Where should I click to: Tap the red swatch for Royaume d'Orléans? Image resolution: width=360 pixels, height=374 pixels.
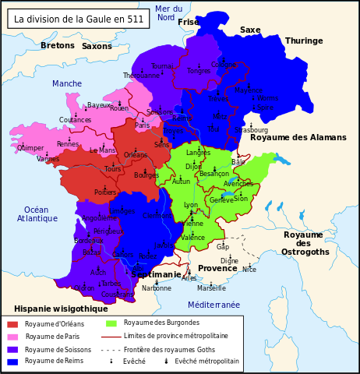(x=12, y=324)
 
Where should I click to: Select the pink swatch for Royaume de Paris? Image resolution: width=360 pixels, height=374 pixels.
(x=12, y=337)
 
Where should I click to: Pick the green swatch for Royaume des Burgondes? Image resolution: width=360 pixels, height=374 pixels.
(x=111, y=323)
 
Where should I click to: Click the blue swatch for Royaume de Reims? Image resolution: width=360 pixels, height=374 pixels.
(x=12, y=361)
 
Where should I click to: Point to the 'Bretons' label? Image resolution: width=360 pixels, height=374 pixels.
(x=58, y=46)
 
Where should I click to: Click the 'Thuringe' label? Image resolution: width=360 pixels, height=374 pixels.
(x=304, y=41)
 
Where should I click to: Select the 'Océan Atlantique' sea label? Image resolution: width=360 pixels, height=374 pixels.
(x=36, y=214)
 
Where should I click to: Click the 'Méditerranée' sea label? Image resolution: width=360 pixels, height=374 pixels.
(x=214, y=305)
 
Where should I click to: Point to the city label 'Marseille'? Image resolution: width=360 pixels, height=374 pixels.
(x=211, y=288)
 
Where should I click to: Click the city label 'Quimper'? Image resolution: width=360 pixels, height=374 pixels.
(x=30, y=148)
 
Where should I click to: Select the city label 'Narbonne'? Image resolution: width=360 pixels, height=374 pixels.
(x=157, y=288)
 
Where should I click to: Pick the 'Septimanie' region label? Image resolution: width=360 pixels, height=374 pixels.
(x=156, y=275)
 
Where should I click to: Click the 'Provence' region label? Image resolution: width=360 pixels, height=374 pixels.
(x=217, y=268)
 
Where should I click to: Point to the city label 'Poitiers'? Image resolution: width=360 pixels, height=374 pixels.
(x=105, y=192)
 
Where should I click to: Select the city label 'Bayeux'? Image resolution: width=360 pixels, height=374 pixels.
(x=100, y=105)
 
